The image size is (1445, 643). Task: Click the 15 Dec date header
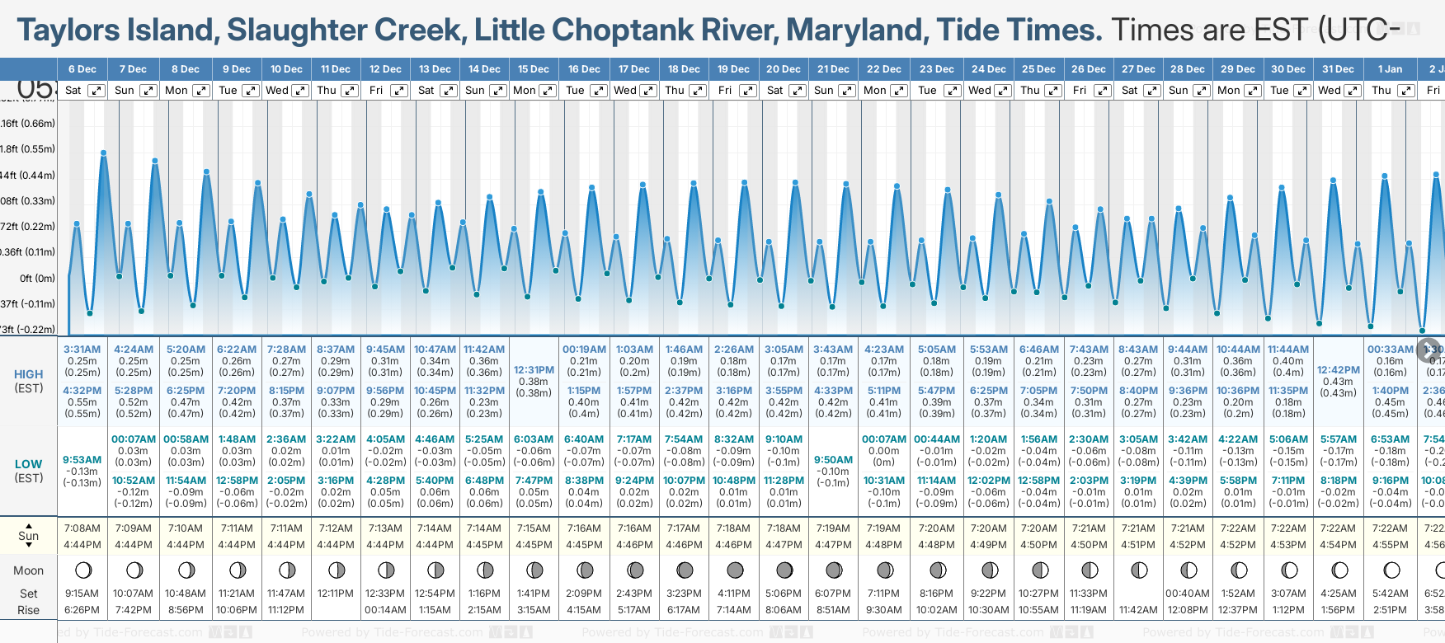point(534,69)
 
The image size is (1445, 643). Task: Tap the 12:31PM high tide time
point(534,370)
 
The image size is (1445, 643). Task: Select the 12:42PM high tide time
point(1338,370)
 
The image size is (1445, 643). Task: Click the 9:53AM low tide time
point(82,460)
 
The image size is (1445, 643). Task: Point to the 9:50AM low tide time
point(833,460)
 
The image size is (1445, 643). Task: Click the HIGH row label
point(29,374)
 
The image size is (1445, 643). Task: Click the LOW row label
point(29,464)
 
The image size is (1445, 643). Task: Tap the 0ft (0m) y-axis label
point(37,278)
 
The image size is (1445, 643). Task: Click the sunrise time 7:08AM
point(82,528)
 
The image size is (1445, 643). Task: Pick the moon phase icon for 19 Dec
point(734,570)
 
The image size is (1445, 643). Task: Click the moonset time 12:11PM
point(336,594)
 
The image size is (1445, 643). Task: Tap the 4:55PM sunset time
point(1390,545)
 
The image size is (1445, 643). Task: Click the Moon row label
point(29,570)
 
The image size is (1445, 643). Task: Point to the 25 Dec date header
point(1038,69)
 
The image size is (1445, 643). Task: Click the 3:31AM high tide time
point(82,350)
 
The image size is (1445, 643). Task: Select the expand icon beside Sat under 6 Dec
point(96,91)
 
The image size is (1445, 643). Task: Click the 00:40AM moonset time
point(1188,594)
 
